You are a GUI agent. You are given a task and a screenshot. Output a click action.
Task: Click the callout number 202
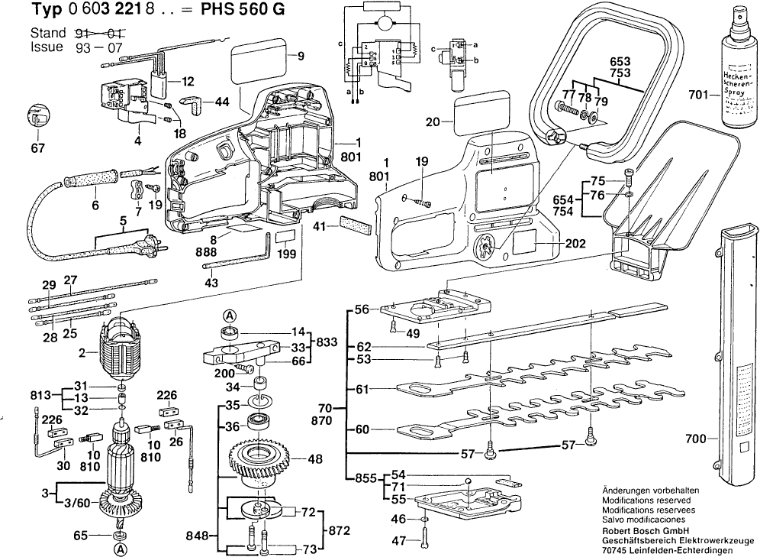tap(576, 244)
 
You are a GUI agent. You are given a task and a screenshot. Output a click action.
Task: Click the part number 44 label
tap(222, 102)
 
